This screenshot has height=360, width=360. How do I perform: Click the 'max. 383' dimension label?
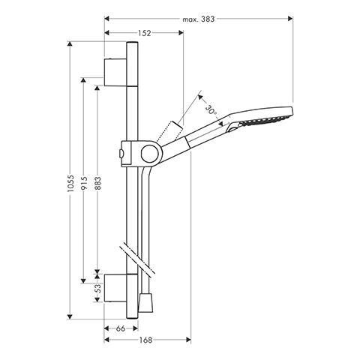tap(199, 19)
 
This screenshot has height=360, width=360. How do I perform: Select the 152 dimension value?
tap(145, 33)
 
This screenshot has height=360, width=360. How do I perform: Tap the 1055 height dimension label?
tap(71, 183)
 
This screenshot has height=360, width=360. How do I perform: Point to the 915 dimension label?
tap(84, 183)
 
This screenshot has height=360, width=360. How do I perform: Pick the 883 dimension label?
tap(98, 183)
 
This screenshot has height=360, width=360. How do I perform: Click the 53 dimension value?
tap(99, 289)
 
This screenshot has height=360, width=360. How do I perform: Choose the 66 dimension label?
tap(121, 328)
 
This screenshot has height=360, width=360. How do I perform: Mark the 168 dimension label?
tap(145, 340)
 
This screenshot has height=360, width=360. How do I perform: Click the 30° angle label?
tap(211, 111)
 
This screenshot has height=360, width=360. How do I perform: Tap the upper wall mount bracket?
tap(115, 73)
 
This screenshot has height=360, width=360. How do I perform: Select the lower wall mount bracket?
tap(115, 288)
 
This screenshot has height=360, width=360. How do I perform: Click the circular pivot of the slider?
tap(149, 153)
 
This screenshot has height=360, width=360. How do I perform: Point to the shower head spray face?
tap(265, 121)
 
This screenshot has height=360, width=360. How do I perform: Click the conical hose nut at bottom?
tap(145, 303)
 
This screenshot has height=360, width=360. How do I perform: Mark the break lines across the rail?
tap(137, 259)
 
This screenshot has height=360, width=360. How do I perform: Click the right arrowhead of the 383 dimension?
tap(290, 19)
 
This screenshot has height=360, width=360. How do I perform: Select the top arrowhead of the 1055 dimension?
tap(70, 43)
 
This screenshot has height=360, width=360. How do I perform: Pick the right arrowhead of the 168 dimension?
tap(188, 340)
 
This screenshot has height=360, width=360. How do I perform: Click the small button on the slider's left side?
tap(121, 154)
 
